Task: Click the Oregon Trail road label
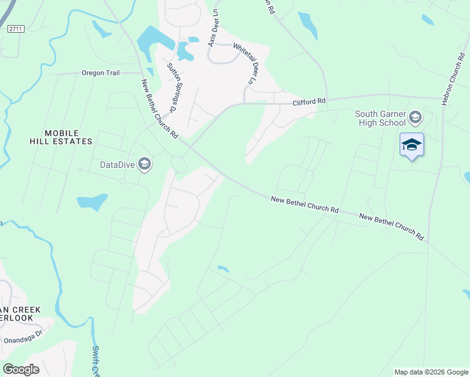[x=101, y=73]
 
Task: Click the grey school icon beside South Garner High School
[x=415, y=117]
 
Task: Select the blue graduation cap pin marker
[x=412, y=145]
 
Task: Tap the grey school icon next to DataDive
[x=145, y=165]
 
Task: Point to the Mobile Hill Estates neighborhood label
[x=61, y=137]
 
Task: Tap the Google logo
[x=21, y=369]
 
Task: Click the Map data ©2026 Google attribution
[x=431, y=372]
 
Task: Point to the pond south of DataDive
[x=92, y=202]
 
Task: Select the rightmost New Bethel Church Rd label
[x=391, y=226]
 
